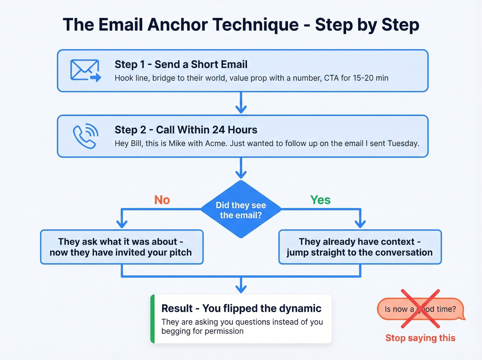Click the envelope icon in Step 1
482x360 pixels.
coord(85,70)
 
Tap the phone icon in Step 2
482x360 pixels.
coord(85,136)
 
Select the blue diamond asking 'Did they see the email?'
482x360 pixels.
coord(241,209)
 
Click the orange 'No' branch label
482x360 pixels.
coord(162,200)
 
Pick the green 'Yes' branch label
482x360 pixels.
coord(320,200)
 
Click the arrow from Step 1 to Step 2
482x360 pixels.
coord(241,103)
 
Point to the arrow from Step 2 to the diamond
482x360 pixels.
coord(241,168)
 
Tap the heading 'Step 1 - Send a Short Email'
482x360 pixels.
coord(181,64)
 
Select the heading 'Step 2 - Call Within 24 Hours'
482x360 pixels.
coord(186,130)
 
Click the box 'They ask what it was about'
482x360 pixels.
coord(122,247)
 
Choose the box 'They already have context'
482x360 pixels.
coord(360,247)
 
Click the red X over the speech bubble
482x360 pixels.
coord(420,309)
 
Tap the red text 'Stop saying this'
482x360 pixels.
coord(420,338)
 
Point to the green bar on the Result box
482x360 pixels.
coord(153,319)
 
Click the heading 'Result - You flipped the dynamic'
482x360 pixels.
coord(241,308)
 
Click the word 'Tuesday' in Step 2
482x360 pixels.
coord(403,144)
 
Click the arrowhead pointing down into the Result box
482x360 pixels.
coord(241,289)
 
